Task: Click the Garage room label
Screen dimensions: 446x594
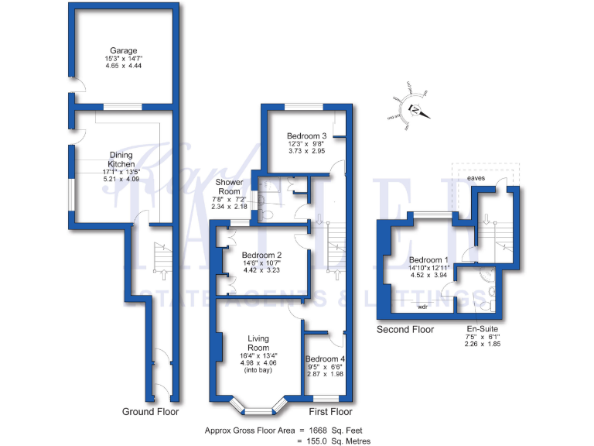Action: [x=123, y=50]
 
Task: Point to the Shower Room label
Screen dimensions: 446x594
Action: [x=230, y=187]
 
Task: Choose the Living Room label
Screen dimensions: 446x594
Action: [x=258, y=343]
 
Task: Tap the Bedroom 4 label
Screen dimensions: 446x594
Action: [x=325, y=359]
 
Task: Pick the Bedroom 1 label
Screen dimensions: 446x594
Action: [x=428, y=259]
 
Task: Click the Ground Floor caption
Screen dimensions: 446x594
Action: [x=150, y=412]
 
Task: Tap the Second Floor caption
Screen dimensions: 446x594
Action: [x=405, y=330]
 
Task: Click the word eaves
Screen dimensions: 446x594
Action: [x=476, y=179]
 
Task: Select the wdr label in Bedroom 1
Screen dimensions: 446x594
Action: [x=423, y=307]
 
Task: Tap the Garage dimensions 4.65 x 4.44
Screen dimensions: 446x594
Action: [x=123, y=67]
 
